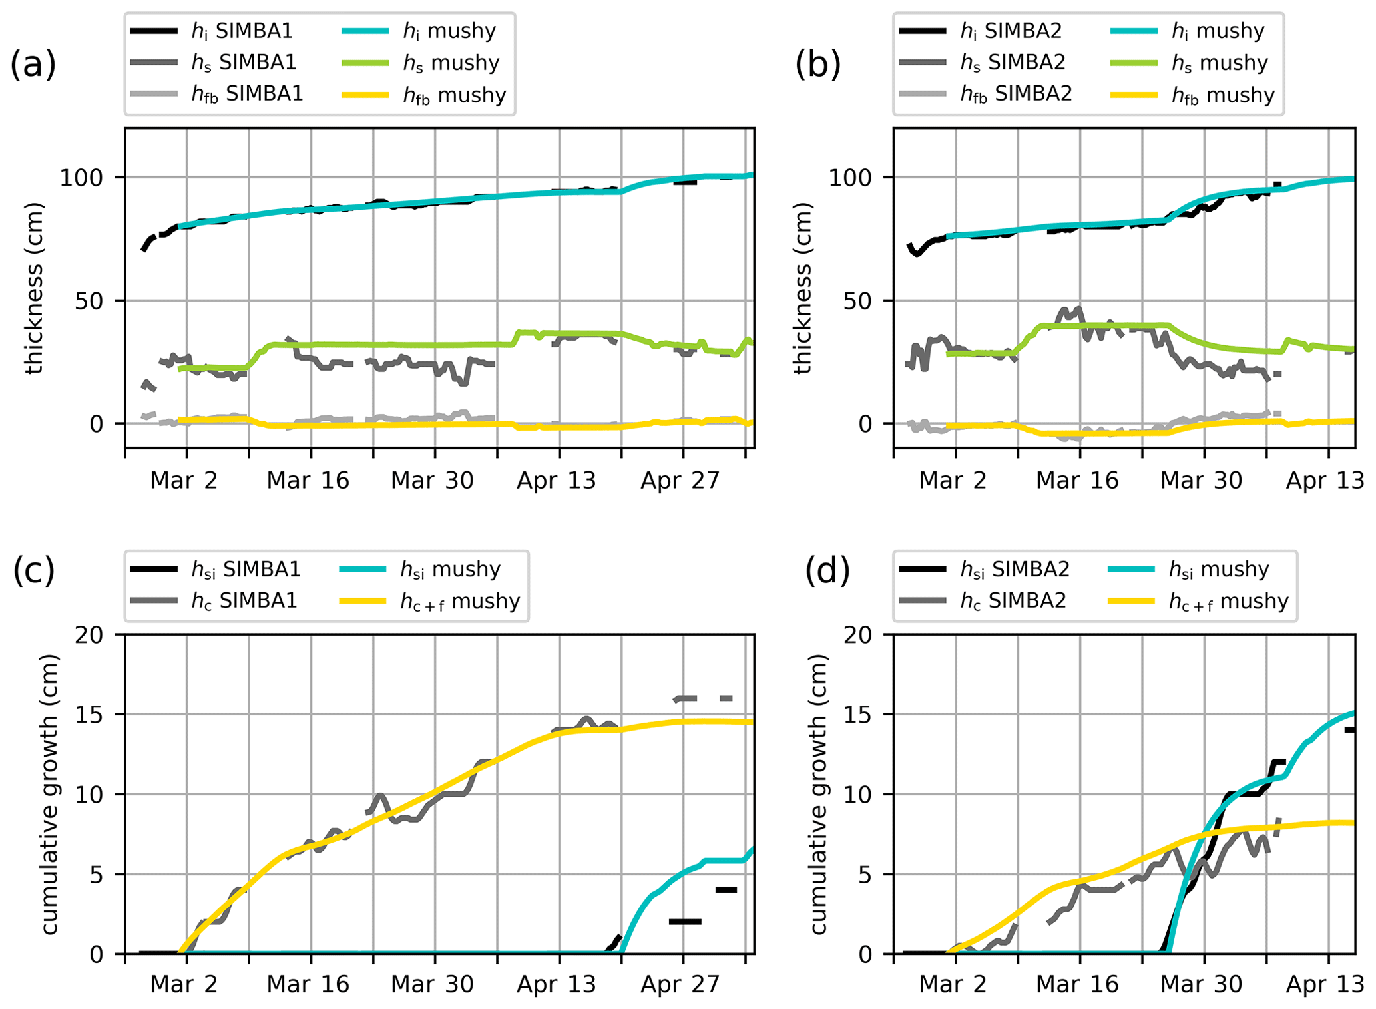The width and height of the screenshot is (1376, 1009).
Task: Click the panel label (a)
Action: (x=33, y=65)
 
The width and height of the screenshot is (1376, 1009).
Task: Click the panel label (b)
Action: (x=817, y=65)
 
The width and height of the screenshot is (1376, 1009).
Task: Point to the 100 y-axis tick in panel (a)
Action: (x=83, y=178)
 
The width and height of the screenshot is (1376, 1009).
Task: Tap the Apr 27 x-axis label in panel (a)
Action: (x=680, y=481)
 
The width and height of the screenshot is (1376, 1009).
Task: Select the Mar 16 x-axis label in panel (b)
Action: (x=1077, y=481)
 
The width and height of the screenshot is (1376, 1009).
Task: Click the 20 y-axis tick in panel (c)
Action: (x=91, y=635)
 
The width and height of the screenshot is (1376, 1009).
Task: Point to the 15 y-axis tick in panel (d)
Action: (x=859, y=715)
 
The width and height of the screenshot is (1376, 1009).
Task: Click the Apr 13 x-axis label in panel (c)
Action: (x=557, y=985)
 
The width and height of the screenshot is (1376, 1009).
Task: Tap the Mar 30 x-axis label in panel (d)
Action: (x=1201, y=985)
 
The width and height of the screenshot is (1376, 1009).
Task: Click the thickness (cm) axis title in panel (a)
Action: (x=34, y=288)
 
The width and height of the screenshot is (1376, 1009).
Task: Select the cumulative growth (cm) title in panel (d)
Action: (x=818, y=794)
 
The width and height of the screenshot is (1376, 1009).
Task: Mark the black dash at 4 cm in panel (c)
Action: (x=726, y=890)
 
